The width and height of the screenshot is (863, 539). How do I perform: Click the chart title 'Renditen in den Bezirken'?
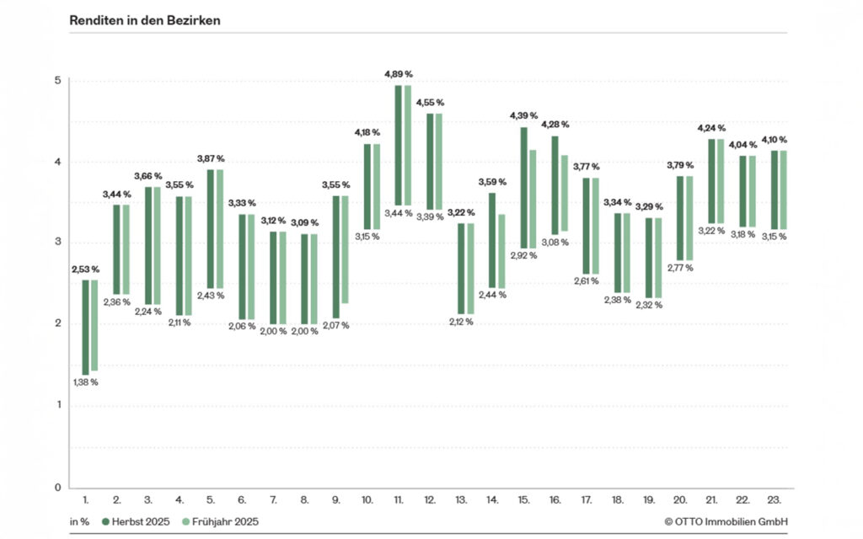pos(145,20)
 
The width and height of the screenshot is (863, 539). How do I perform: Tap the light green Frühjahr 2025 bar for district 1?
pos(94,325)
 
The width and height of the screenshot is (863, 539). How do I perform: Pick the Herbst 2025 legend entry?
pos(139,521)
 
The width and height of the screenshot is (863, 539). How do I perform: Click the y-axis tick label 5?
pos(57,81)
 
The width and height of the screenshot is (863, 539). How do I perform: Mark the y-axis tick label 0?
pos(57,488)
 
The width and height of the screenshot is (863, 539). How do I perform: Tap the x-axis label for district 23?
pos(773,500)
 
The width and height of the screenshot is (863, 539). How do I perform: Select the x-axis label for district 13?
pos(460,500)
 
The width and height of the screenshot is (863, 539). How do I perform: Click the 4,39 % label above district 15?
pos(523,115)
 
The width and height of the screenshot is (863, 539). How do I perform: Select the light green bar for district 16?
pos(565,193)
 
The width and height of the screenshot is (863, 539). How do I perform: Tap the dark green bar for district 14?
pos(492,240)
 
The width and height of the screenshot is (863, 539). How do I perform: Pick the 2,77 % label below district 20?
pos(679,268)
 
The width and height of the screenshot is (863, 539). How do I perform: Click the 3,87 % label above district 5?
pos(211,158)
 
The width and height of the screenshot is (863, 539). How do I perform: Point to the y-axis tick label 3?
pos(57,243)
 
